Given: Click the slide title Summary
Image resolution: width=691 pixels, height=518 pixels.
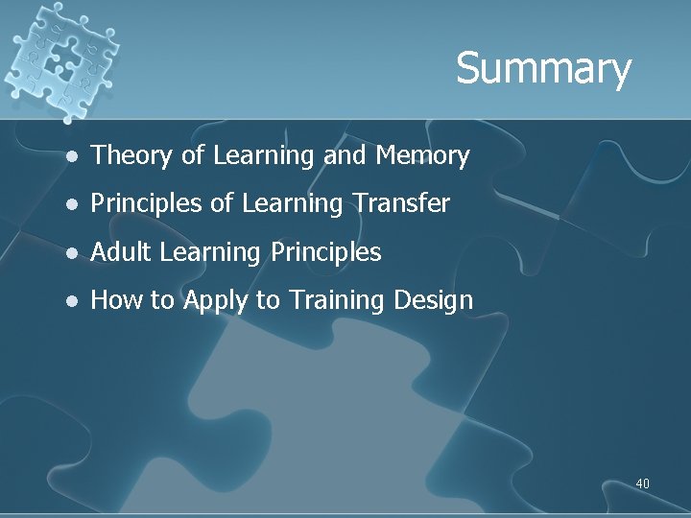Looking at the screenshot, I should [543, 69].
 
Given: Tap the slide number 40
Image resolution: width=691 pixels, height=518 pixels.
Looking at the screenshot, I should [642, 483].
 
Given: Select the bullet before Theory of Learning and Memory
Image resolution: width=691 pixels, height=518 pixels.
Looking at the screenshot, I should [69, 155].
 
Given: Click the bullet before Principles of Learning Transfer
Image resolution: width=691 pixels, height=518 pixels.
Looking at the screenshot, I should [69, 204].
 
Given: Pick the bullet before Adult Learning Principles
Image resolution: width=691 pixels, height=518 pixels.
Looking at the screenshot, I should [69, 253].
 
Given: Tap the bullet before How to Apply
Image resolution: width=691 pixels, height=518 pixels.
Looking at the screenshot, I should [69, 301].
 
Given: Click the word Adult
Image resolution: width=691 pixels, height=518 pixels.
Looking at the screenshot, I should [122, 252].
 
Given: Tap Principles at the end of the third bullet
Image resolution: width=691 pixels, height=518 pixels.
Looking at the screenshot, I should [326, 252].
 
